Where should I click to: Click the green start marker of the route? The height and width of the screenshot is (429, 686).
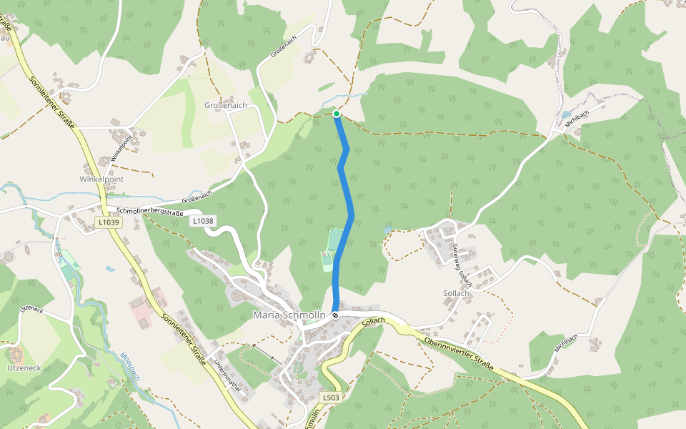[x=336, y=113]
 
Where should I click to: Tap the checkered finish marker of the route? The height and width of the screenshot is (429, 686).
[x=335, y=315]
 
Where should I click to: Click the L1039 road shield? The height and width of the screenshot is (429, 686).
[x=109, y=222]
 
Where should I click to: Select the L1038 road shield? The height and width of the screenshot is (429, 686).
[x=202, y=222]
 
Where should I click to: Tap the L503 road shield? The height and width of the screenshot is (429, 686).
[x=330, y=397]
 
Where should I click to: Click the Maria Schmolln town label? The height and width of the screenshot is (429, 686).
[x=289, y=315]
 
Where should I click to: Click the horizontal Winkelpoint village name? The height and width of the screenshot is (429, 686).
[x=101, y=179]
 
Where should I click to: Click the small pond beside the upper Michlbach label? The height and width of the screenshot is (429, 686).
[x=566, y=114]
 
